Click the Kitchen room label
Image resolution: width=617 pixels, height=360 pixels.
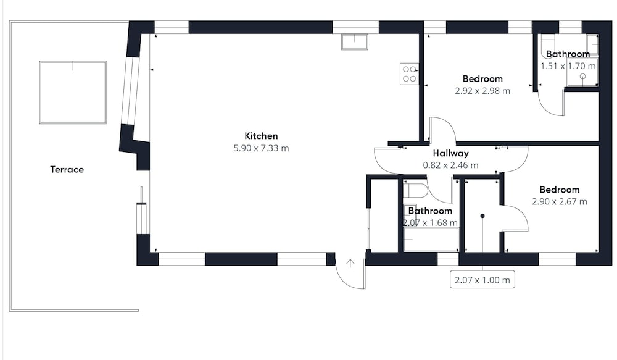click(x=261, y=136)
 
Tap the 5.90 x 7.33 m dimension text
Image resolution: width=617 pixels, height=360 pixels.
click(x=261, y=148)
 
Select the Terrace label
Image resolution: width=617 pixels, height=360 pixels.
click(x=67, y=169)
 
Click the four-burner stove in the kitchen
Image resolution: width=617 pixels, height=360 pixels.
click(x=409, y=73)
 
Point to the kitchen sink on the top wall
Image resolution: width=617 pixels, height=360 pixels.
click(x=355, y=42)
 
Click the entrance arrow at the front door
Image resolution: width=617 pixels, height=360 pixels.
click(x=350, y=263)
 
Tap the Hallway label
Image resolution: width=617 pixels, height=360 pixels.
click(x=450, y=153)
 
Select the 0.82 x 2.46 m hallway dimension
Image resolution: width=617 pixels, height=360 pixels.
click(x=450, y=165)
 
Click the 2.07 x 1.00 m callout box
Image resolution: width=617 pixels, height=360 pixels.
click(x=482, y=280)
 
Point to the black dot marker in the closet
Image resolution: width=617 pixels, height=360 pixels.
click(x=482, y=216)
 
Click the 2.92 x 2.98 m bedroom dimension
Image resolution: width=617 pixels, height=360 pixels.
click(x=482, y=91)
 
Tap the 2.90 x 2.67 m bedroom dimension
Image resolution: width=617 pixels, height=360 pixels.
click(x=560, y=202)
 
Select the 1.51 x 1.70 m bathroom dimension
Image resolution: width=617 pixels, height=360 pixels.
click(x=568, y=66)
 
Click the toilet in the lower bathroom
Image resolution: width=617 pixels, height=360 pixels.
click(x=415, y=190)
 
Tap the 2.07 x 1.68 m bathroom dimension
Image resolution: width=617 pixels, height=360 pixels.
click(x=430, y=222)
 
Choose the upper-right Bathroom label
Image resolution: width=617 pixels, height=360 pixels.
click(x=568, y=54)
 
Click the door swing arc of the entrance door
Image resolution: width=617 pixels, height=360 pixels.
click(x=342, y=280)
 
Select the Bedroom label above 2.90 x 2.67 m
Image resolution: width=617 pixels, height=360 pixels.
click(x=560, y=190)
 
